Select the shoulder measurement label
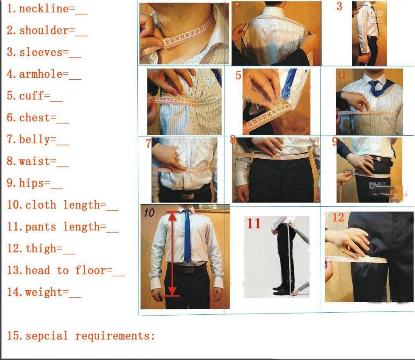pos(44,30)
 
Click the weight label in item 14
pos(44,292)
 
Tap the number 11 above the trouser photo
pos(254,223)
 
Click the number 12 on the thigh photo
pos(338,217)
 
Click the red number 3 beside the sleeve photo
pos(339,7)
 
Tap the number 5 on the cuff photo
pos(238,76)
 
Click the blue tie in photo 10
pos(187,237)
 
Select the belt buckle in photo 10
pos(189,269)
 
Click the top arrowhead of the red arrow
pos(173,214)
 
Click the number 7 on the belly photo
pos(148,144)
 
